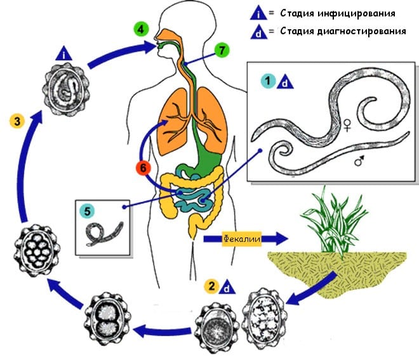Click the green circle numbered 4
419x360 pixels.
pyautogui.click(x=142, y=29)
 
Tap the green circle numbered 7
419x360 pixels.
pyautogui.click(x=222, y=50)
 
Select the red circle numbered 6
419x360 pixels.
pyautogui.click(x=143, y=168)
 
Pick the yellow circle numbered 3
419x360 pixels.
pyautogui.click(x=17, y=121)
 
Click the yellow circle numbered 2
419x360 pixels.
pyautogui.click(x=211, y=286)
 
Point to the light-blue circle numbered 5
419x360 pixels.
pyautogui.click(x=87, y=211)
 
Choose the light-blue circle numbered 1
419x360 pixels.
pyautogui.click(x=268, y=81)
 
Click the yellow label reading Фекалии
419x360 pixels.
pyautogui.click(x=242, y=239)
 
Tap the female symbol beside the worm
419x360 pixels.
pyautogui.click(x=347, y=125)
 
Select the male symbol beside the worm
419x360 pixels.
pyautogui.click(x=359, y=161)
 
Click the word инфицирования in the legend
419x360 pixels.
pyautogui.click(x=357, y=13)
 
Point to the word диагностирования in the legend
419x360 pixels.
pyautogui.click(x=362, y=31)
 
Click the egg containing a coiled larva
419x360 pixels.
pyautogui.click(x=66, y=90)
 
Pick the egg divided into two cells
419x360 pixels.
pyautogui.click(x=107, y=319)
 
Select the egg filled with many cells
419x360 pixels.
pyautogui.click(x=37, y=250)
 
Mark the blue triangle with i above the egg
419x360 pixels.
pyautogui.click(x=64, y=53)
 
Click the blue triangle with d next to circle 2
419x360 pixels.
pyautogui.click(x=227, y=287)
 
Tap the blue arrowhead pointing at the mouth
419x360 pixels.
pyautogui.click(x=150, y=48)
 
